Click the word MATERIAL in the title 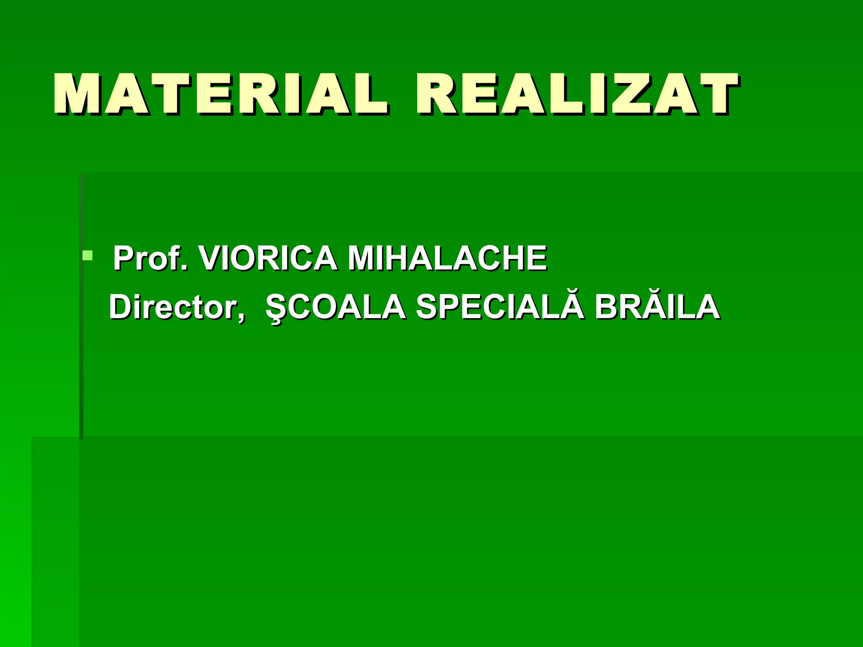219,94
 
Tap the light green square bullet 88,255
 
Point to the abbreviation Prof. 150,259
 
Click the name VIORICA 268,258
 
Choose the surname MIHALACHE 447,258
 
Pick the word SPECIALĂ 500,307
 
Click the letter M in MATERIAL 78,94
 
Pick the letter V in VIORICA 211,258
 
